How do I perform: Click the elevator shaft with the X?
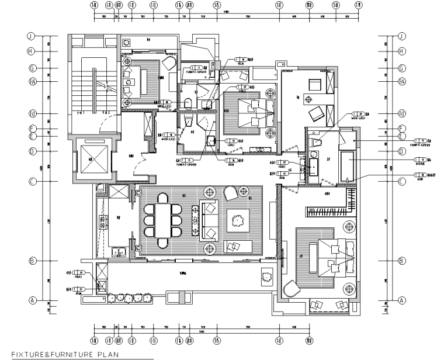(x=91, y=161)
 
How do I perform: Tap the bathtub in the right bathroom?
(x=350, y=163)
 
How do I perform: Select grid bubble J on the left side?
(x=33, y=36)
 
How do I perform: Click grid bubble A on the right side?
(x=401, y=300)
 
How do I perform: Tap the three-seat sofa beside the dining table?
(x=209, y=220)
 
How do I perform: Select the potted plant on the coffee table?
(x=237, y=220)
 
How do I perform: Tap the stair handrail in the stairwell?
(x=93, y=88)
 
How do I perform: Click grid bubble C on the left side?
(x=33, y=181)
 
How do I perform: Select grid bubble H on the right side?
(x=401, y=51)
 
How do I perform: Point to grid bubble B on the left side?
(x=33, y=261)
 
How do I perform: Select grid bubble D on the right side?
(x=401, y=151)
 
